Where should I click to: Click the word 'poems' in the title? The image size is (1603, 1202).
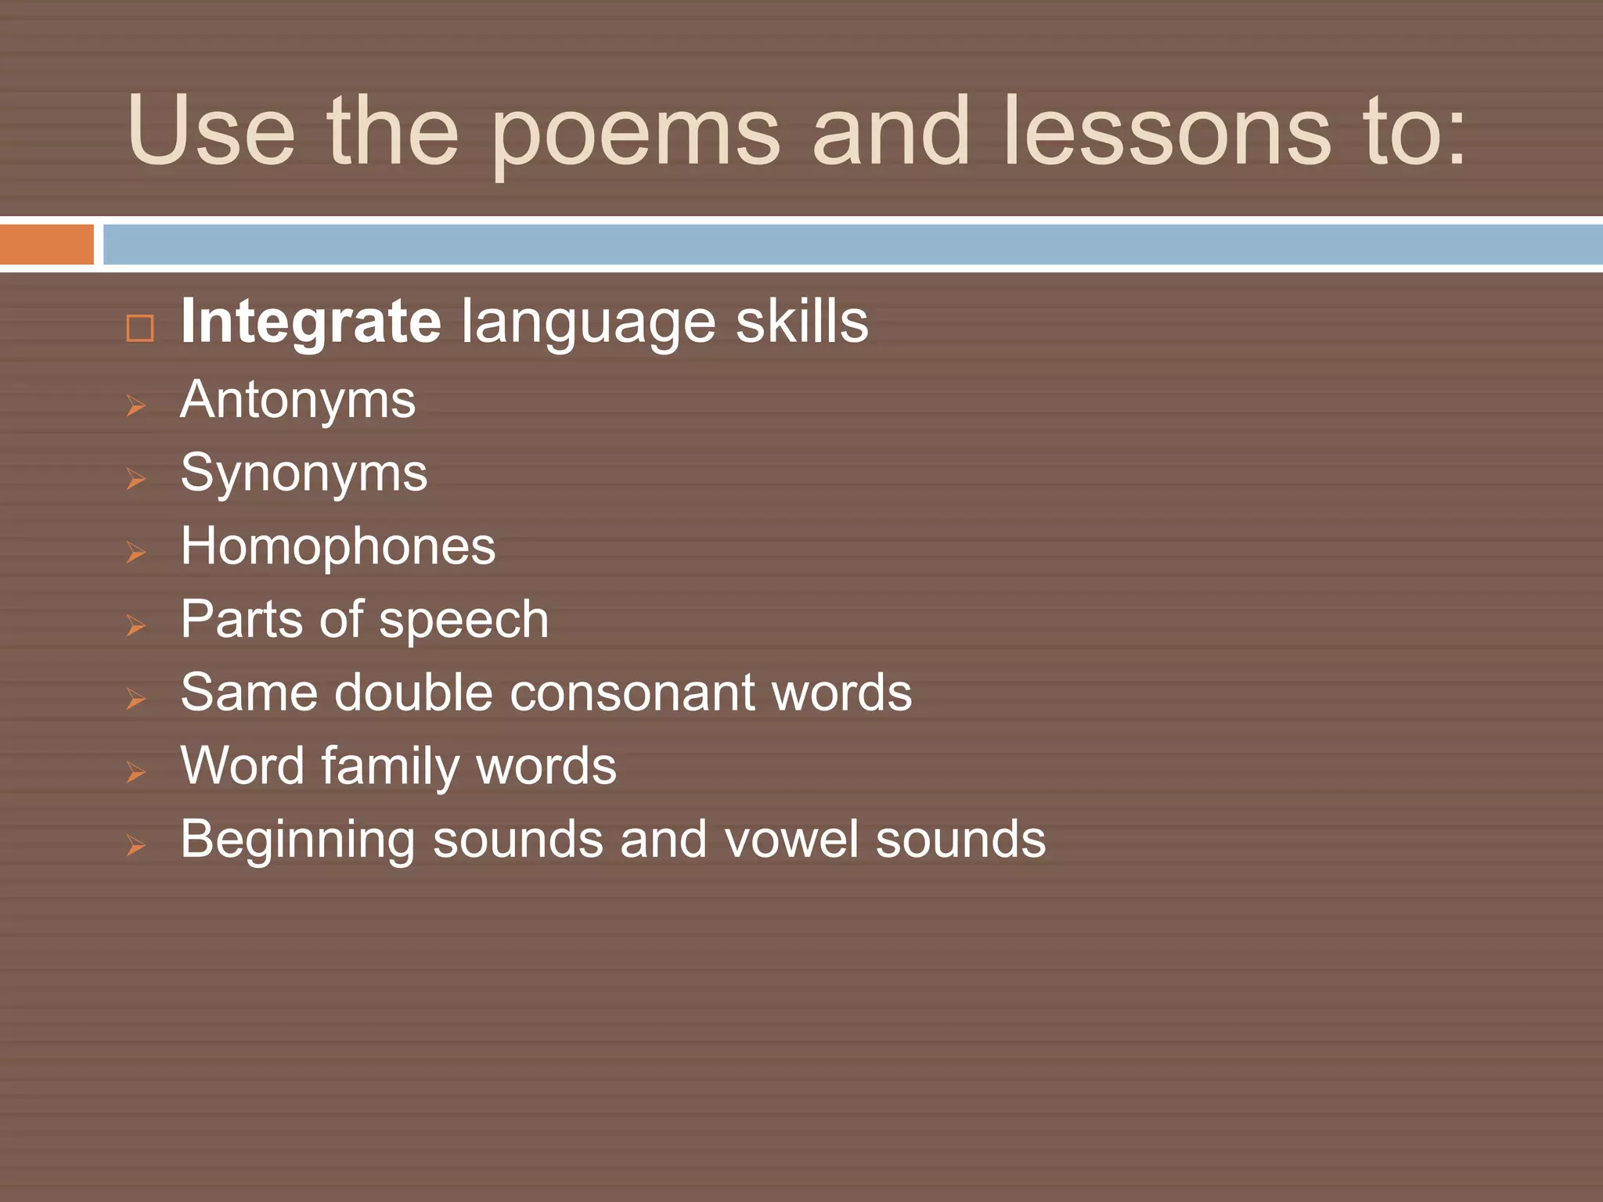tap(636, 133)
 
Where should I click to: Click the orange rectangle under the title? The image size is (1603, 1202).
tap(47, 244)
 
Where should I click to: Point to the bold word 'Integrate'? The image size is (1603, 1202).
tap(311, 322)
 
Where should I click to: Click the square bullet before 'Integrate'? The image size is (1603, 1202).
tap(140, 328)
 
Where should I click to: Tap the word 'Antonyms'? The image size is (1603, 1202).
tap(297, 401)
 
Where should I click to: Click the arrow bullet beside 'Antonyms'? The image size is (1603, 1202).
tap(136, 405)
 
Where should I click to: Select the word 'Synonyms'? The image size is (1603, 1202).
tap(304, 474)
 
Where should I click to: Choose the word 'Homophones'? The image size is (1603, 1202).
tap(337, 546)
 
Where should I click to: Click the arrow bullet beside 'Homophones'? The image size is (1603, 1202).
tap(136, 552)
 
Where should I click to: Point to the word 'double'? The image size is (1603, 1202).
tap(414, 693)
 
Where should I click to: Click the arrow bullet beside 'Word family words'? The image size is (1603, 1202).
tap(136, 772)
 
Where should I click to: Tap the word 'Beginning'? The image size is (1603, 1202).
tap(297, 840)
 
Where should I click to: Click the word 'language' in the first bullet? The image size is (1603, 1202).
tap(588, 323)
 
